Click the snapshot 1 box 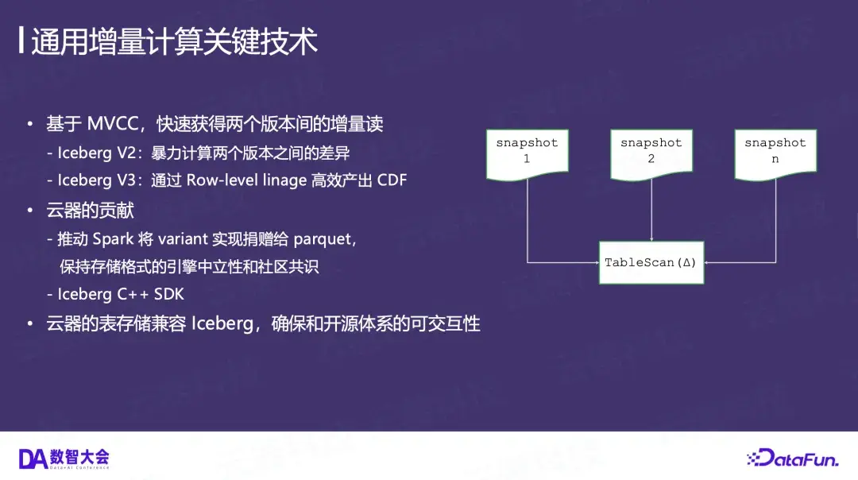coord(527,154)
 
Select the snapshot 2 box coord(651,154)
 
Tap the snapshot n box coord(775,154)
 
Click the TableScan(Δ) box coord(651,263)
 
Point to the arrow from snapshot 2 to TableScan coord(651,210)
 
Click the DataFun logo coord(793,458)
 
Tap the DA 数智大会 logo coord(64,459)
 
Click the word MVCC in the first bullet coord(113,124)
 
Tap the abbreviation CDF coord(392,180)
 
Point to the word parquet coord(323,240)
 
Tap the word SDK coord(169,295)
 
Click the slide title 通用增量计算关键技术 coord(175,41)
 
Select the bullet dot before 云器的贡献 coord(30,210)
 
